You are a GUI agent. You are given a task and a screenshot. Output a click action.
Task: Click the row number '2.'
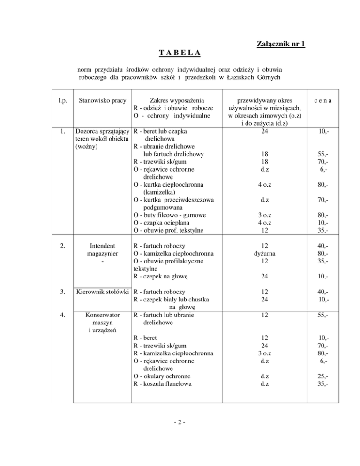(x=58, y=245)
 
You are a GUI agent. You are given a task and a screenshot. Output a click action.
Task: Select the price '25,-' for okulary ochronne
(x=321, y=376)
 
